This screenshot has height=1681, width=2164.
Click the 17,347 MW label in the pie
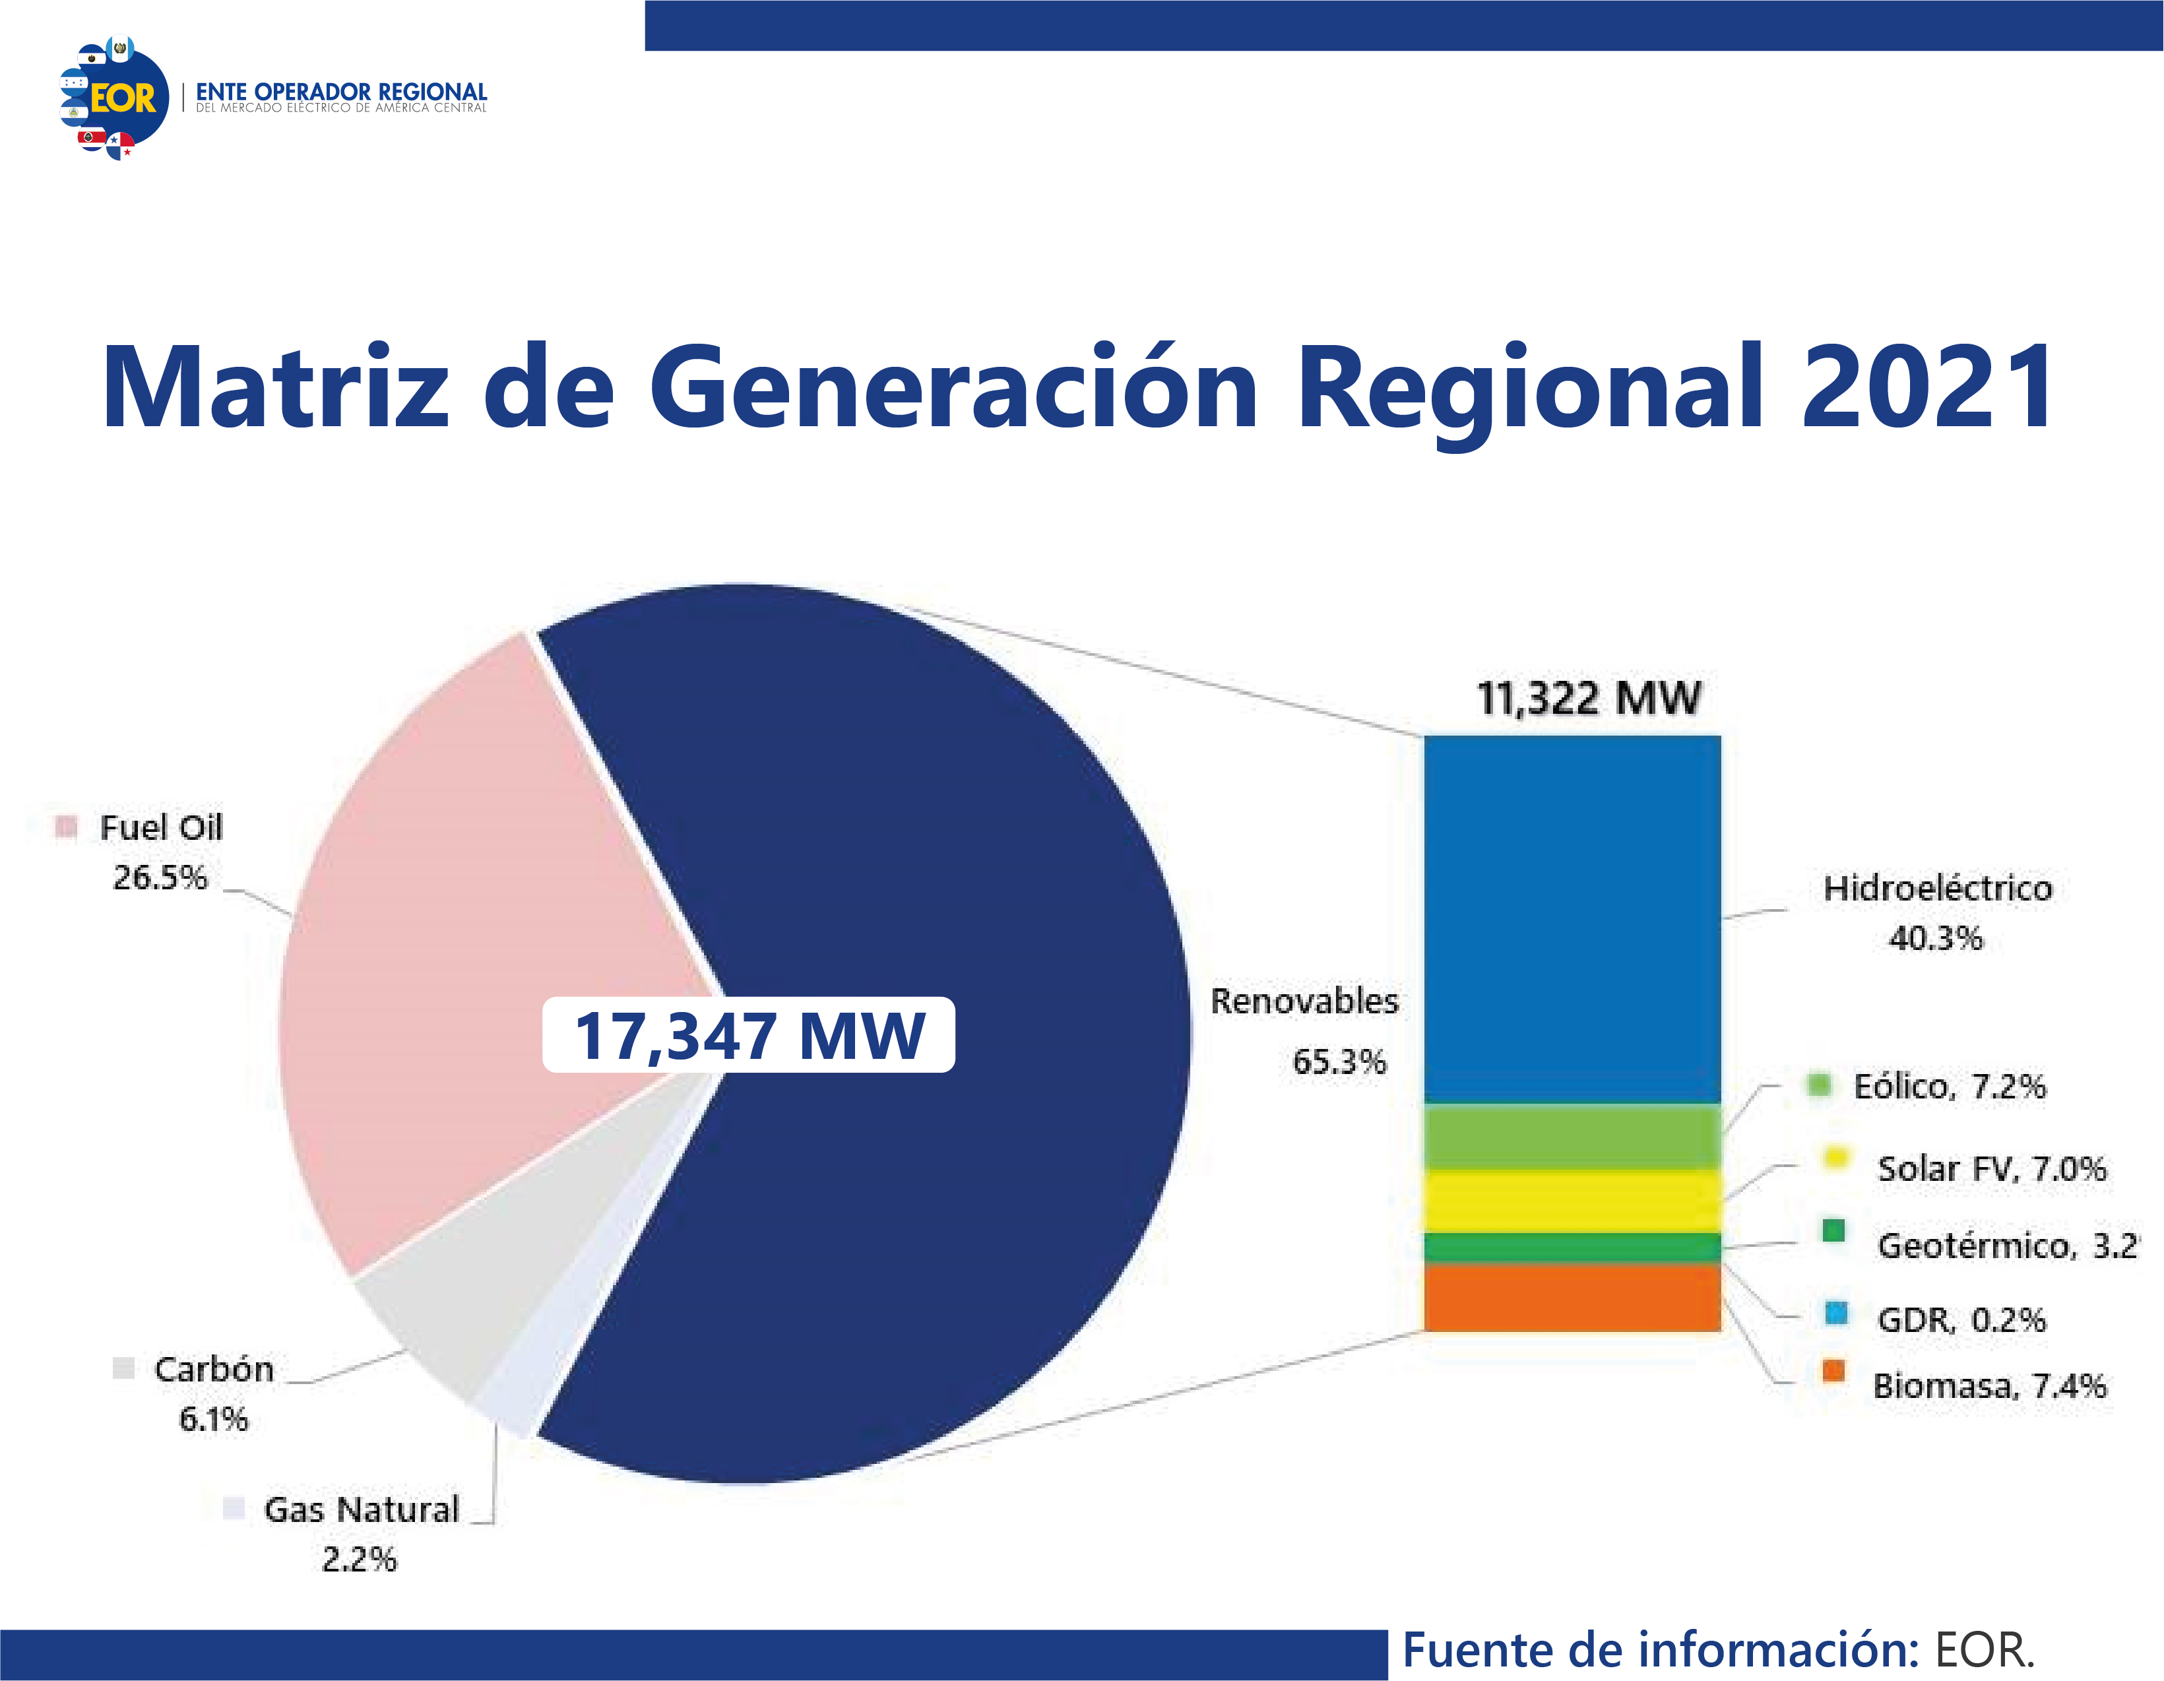tap(749, 1035)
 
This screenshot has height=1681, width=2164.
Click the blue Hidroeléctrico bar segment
tap(1572, 918)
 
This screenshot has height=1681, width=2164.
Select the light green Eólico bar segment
tap(1572, 1136)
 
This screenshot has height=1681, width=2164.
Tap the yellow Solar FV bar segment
tap(1572, 1201)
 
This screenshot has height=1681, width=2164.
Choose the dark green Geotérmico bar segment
tap(1572, 1247)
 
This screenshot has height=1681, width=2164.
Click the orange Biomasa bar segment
tap(1572, 1296)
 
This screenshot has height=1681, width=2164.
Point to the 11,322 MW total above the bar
tap(1588, 699)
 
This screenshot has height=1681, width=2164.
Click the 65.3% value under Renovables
tap(1339, 1062)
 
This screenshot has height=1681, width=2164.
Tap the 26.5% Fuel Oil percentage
tap(160, 877)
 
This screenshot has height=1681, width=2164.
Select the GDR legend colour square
tap(1836, 1314)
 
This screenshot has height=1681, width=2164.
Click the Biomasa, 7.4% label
tap(1989, 1385)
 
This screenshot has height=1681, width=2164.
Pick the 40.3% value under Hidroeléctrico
tap(1935, 938)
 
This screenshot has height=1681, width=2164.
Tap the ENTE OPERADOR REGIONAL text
tap(341, 91)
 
